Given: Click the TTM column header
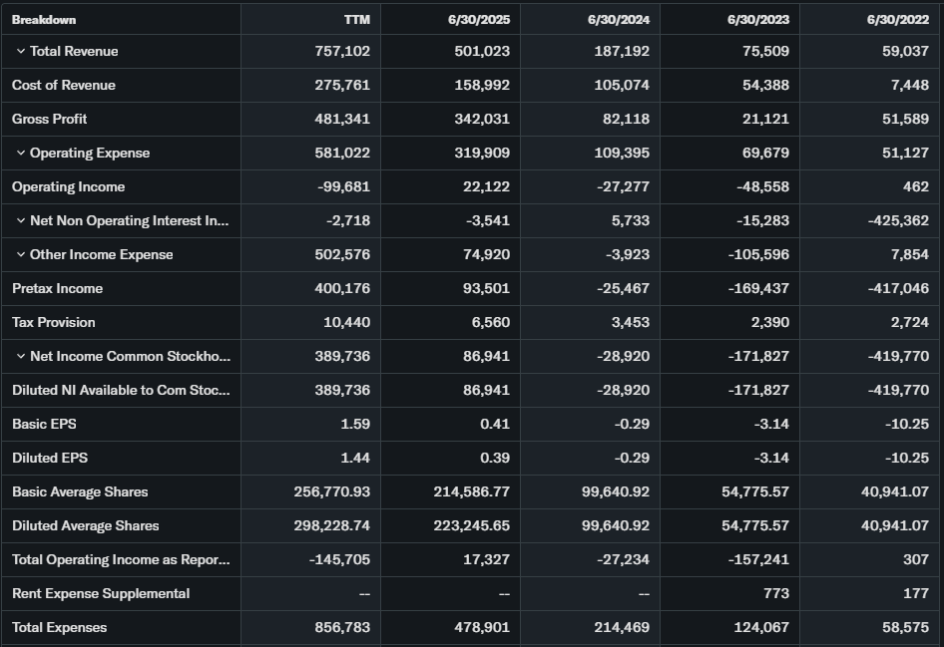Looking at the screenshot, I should coord(355,19).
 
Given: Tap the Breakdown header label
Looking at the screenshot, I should coord(44,19).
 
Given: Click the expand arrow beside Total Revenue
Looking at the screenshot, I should coord(20,51).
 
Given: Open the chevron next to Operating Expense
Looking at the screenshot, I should coord(20,153).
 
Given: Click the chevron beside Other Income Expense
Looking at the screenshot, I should coord(20,254).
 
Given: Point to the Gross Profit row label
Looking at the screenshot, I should coord(49,119).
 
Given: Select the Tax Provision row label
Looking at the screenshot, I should coord(53,322).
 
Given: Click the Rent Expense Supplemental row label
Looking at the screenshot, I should coord(100,593).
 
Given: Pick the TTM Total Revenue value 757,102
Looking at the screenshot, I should coord(341,51).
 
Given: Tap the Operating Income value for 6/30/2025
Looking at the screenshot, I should coord(487,186).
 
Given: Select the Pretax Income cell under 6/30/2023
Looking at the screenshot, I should coord(759,288).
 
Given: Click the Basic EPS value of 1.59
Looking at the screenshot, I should coord(355,424).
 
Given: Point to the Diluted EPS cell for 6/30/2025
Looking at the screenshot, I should coord(495,458).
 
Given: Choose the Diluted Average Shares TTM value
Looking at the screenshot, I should coord(332,525).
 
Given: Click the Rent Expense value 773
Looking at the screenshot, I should coord(775,593).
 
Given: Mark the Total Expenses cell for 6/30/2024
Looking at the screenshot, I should coord(621,627).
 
